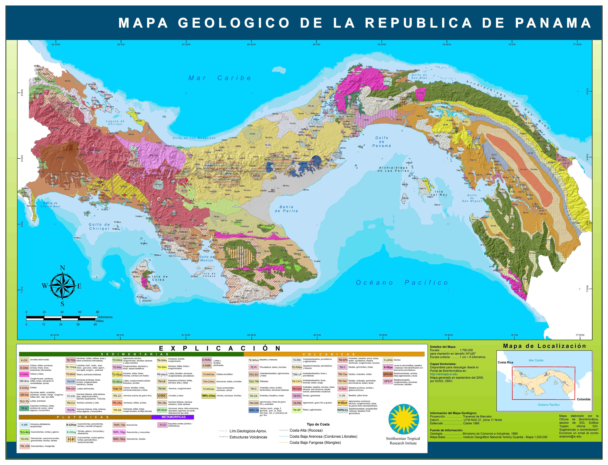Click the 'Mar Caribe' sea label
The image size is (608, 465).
(x=220, y=78)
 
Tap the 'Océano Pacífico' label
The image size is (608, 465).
(x=402, y=283)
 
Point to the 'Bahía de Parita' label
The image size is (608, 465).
(x=286, y=209)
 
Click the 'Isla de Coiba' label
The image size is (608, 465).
(x=159, y=278)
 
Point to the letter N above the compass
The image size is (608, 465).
(x=62, y=268)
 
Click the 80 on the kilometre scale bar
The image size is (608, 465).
(x=97, y=312)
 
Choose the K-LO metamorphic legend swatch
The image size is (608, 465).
(x=163, y=425)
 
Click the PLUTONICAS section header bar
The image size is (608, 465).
(x=85, y=417)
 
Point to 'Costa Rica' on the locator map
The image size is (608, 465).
(x=505, y=362)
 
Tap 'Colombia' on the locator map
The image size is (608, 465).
(x=583, y=399)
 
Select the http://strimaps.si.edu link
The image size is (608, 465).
(x=444, y=374)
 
